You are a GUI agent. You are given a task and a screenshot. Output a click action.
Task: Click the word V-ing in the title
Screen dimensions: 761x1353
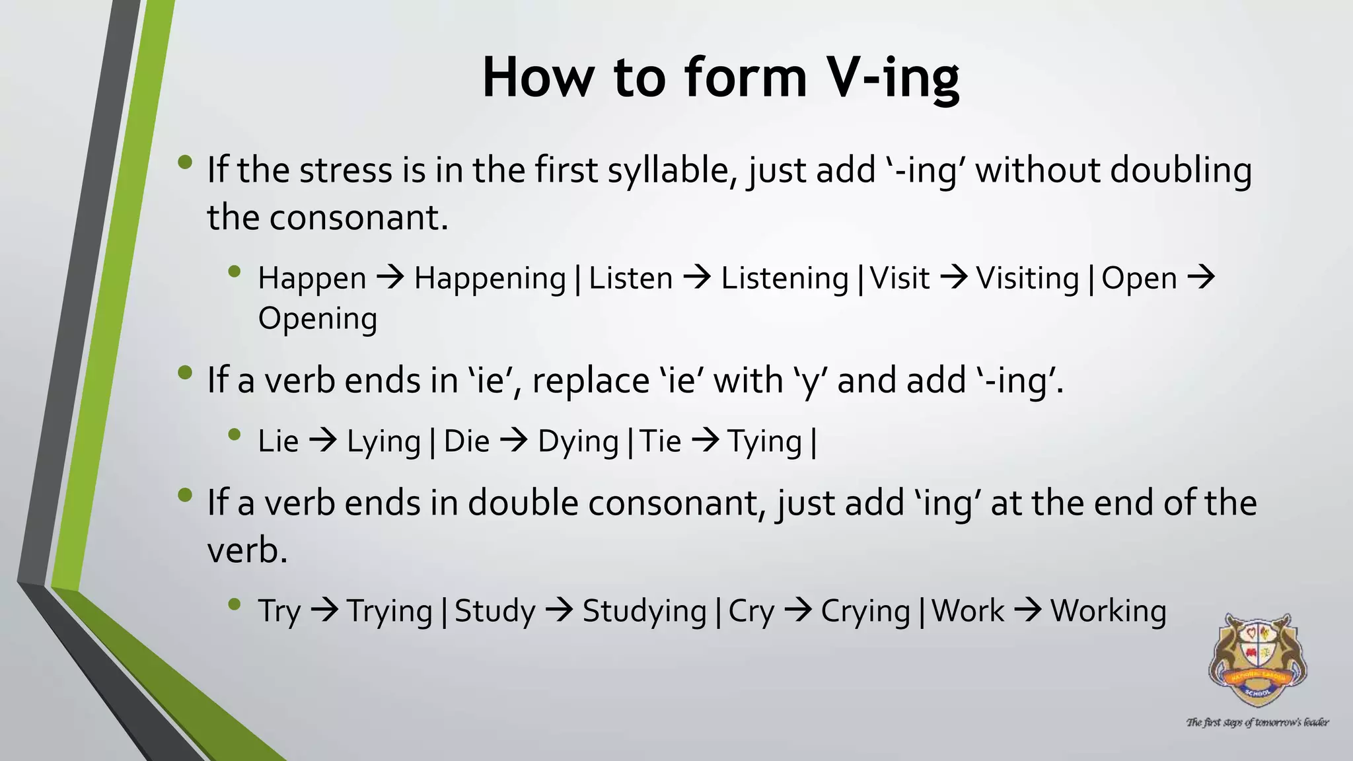pyautogui.click(x=893, y=78)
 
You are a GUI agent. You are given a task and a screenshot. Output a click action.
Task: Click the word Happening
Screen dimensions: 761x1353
pyautogui.click(x=490, y=279)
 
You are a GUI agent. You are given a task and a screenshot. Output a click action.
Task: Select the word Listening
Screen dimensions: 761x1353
pyautogui.click(x=784, y=279)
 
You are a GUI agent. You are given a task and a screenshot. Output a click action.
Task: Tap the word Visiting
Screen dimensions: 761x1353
pyautogui.click(x=1027, y=279)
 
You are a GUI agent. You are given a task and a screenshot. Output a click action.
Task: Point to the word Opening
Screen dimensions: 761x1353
pyautogui.click(x=317, y=319)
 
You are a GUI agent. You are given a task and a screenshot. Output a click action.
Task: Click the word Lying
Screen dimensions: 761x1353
pyautogui.click(x=384, y=442)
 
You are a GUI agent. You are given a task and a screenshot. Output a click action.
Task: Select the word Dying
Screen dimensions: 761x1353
pyautogui.click(x=578, y=442)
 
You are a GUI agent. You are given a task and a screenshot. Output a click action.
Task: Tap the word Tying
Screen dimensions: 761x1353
pyautogui.click(x=764, y=442)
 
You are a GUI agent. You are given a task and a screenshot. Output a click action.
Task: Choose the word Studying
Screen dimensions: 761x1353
pyautogui.click(x=644, y=612)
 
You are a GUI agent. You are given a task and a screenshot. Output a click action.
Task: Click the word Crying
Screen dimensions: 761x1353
pyautogui.click(x=865, y=612)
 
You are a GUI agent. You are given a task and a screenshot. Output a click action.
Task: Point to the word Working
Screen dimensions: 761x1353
pyautogui.click(x=1108, y=612)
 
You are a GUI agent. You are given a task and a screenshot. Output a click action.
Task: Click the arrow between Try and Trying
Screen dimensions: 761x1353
pyautogui.click(x=324, y=610)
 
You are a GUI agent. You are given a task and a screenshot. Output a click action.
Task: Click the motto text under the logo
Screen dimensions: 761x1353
pyautogui.click(x=1257, y=723)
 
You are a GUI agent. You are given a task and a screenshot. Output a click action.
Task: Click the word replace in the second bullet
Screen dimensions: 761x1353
pyautogui.click(x=591, y=381)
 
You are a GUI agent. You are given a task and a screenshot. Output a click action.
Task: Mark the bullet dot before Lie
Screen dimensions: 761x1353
pyautogui.click(x=234, y=435)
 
